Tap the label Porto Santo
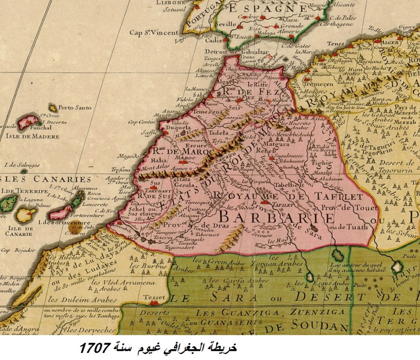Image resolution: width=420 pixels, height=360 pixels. click(x=75, y=108)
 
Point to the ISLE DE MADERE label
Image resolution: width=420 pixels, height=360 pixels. click(x=32, y=137)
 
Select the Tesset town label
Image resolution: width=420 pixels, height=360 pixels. click(x=154, y=297)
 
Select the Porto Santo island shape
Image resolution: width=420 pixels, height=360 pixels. click(x=53, y=108)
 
